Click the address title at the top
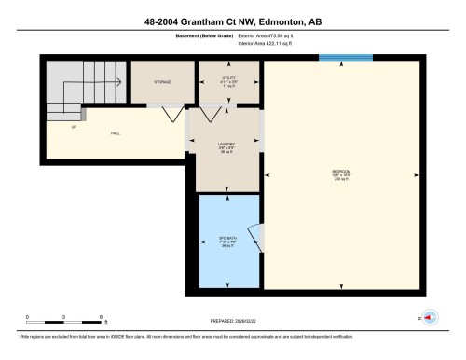[x=233, y=21]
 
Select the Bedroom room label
[x=341, y=173]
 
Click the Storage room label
[x=162, y=82]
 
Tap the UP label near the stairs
[x=73, y=127]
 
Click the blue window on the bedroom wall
[x=340, y=58]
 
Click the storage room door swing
[x=171, y=115]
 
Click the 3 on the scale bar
[x=63, y=317]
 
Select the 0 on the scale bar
[x=27, y=317]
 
